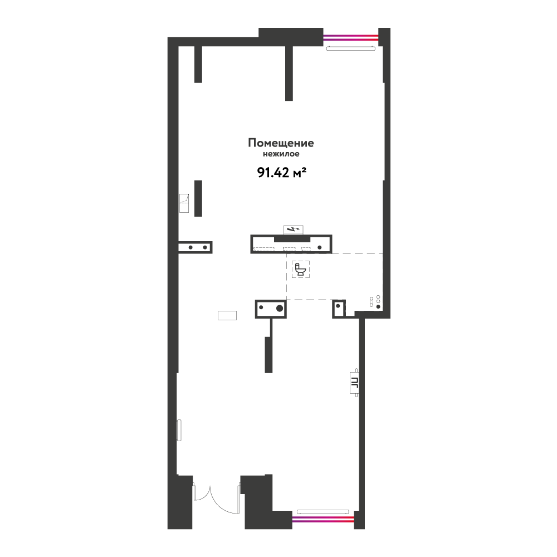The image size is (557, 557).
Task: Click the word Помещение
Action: pos(281,143)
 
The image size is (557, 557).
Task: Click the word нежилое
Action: pos(281,154)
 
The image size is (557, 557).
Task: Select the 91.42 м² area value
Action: pos(282,173)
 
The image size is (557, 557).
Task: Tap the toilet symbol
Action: pos(301,269)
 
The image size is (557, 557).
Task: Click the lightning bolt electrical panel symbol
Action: pos(293,229)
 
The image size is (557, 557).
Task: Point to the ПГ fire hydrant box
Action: pos(354,383)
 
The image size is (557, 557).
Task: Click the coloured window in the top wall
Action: pos(350,37)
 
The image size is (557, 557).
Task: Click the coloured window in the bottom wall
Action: pos(323,519)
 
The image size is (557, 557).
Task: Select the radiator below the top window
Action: pos(350,48)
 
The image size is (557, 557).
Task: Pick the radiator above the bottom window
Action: pos(323,512)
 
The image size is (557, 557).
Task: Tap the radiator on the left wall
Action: pos(179,430)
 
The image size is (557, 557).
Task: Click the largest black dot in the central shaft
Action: pos(280,308)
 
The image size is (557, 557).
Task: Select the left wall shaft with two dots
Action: pos(195,247)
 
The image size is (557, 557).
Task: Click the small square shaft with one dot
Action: pos(339,309)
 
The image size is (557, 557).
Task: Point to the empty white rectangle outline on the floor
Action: pos(227,315)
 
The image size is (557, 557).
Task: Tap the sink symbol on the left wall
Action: pos(184,203)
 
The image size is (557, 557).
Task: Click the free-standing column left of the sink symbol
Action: pos(198,198)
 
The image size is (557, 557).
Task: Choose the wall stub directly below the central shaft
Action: pos(269,354)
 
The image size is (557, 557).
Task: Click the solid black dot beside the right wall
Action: pos(378,306)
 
